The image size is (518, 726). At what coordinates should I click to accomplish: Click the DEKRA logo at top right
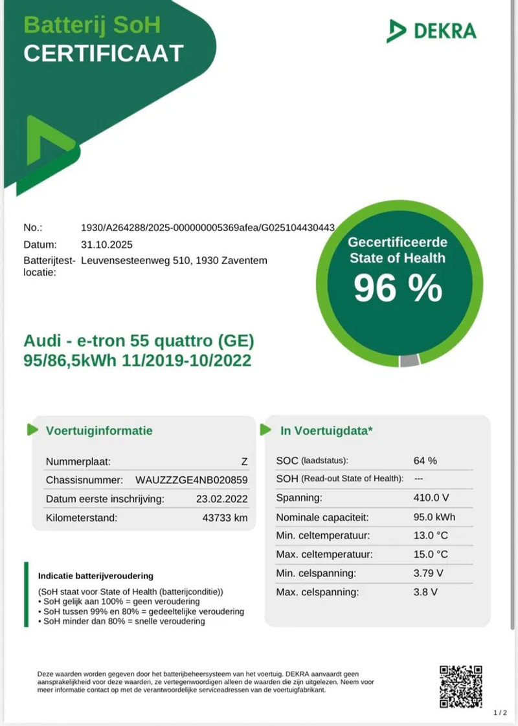(x=431, y=30)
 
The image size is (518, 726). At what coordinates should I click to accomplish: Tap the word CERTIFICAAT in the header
(x=104, y=54)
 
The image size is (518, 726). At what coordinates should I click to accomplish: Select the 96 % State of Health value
(x=398, y=289)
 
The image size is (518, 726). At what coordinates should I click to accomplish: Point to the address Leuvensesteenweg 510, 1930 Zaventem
(x=174, y=261)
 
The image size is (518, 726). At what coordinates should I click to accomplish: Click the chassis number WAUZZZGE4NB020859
(x=192, y=480)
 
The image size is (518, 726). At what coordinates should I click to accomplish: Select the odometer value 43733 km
(x=225, y=518)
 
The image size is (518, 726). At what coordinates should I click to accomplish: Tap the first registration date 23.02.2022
(x=221, y=499)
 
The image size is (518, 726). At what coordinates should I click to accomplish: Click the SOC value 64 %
(x=425, y=461)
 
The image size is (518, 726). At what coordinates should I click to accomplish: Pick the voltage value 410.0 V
(x=431, y=498)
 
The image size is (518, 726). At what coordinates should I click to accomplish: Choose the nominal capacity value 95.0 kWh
(x=434, y=517)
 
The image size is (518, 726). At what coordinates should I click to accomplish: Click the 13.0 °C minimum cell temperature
(x=431, y=536)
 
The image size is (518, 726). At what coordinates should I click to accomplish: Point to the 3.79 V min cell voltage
(x=428, y=573)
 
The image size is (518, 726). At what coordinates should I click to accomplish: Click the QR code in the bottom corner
(x=461, y=687)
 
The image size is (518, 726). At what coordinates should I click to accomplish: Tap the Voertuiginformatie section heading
(x=99, y=430)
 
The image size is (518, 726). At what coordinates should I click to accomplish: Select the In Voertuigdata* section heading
(x=326, y=430)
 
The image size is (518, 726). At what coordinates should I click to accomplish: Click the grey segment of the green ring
(x=409, y=361)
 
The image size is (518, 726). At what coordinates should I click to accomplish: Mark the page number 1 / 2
(x=500, y=713)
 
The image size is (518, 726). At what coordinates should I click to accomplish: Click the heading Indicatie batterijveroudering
(x=95, y=575)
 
